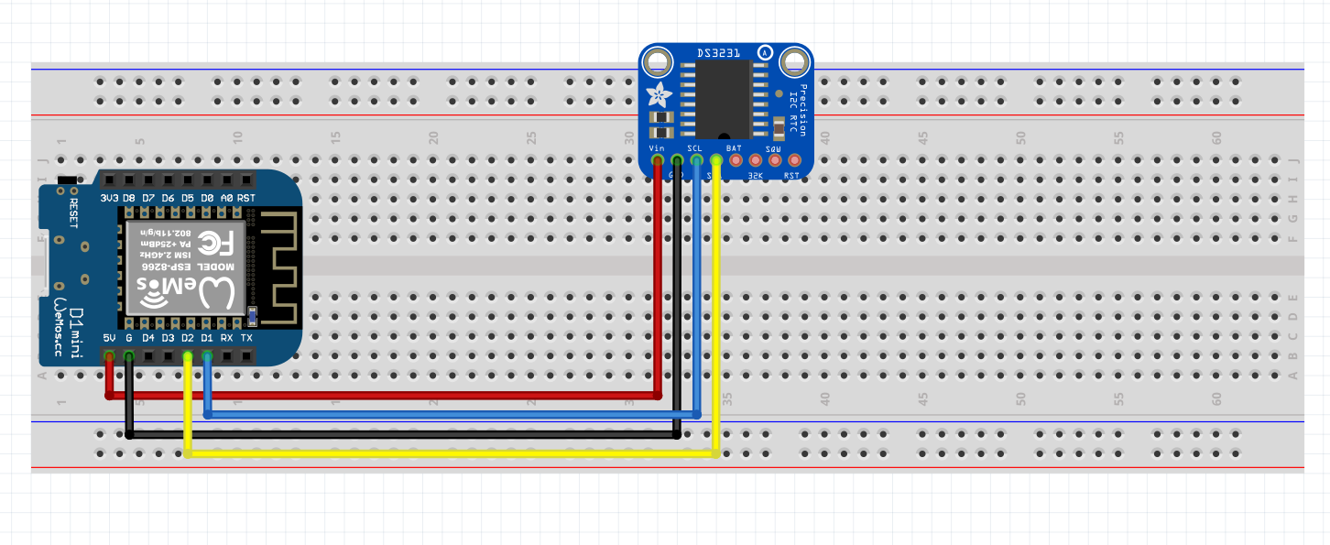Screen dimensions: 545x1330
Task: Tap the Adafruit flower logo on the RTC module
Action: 658,93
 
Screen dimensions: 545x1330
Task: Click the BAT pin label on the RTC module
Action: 735,147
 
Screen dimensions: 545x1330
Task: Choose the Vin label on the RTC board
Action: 657,147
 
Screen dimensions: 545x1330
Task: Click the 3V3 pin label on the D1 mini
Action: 109,198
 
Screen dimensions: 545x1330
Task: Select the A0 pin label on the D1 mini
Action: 226,198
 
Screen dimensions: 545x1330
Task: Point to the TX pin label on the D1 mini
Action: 246,338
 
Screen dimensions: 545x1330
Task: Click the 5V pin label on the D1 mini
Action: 110,338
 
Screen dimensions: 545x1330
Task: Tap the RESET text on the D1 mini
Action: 74,212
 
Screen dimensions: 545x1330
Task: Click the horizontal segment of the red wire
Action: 385,396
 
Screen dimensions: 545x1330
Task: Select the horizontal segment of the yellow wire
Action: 449,453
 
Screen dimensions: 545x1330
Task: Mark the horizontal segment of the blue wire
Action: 449,415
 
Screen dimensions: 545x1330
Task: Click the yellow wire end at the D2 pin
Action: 188,356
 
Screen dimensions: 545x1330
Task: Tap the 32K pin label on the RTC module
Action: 756,175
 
